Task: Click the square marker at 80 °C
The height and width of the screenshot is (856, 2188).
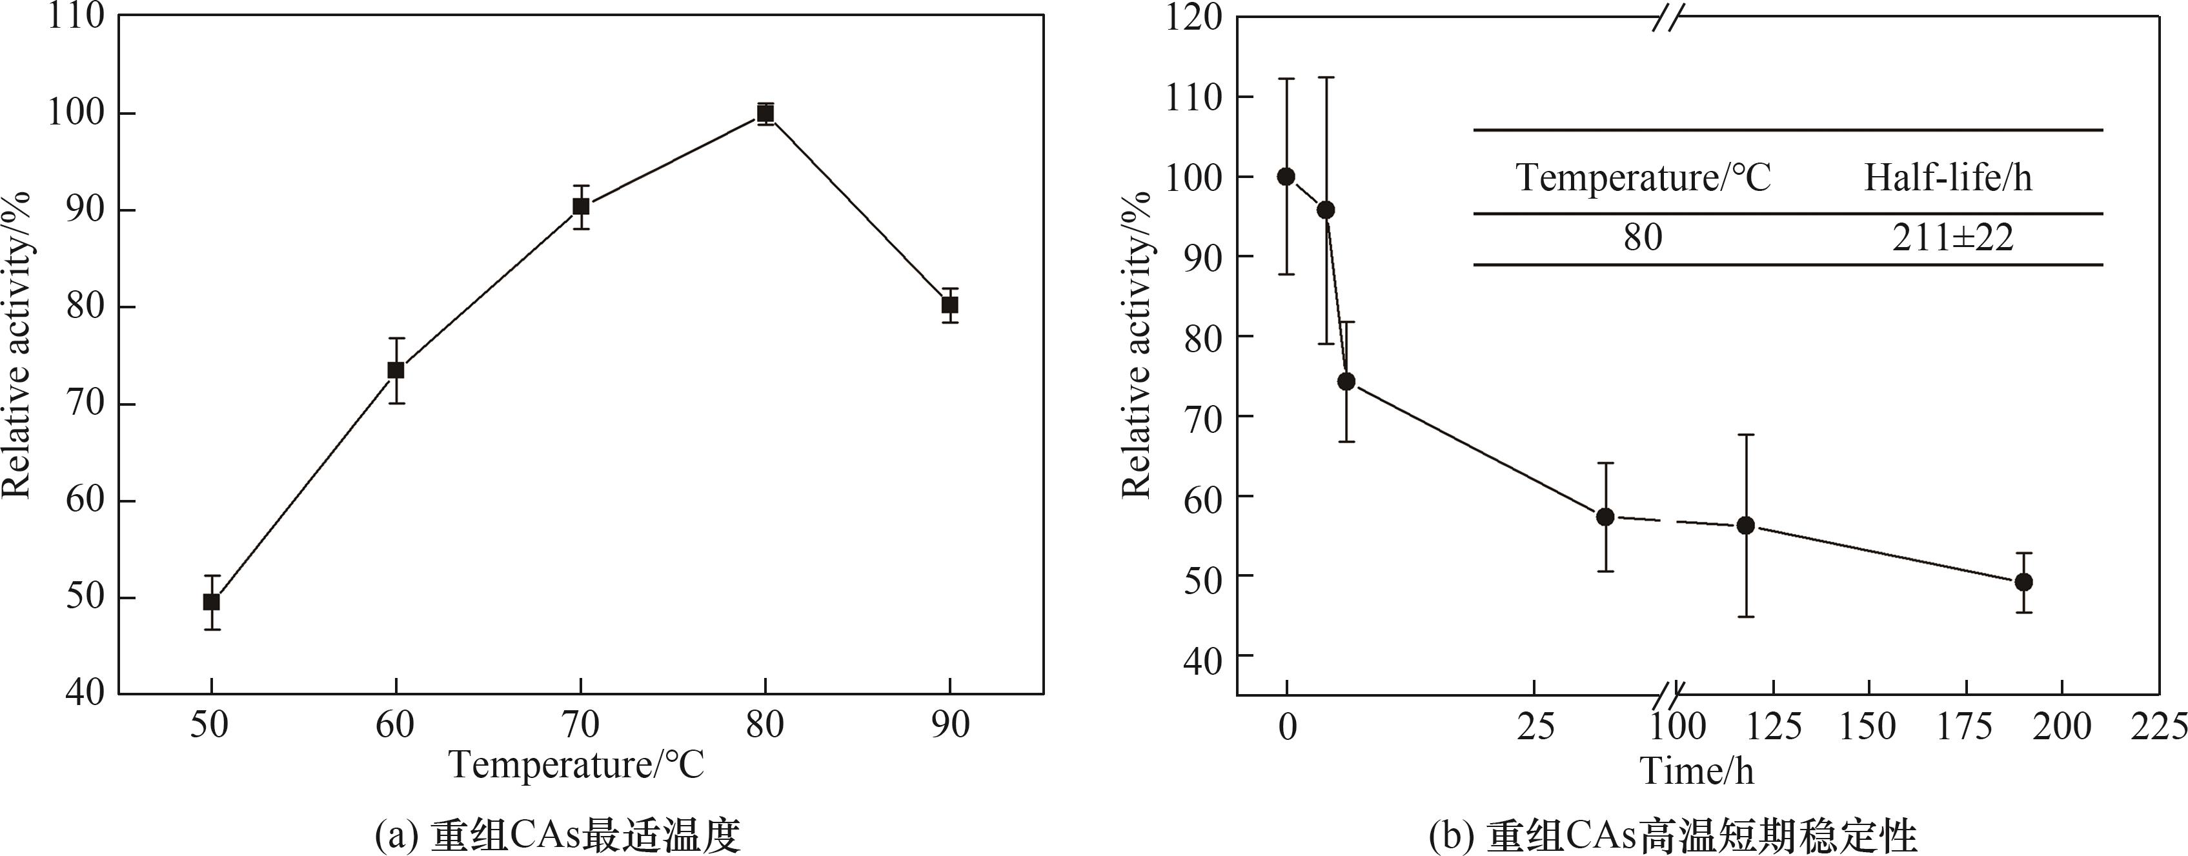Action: pyautogui.click(x=765, y=114)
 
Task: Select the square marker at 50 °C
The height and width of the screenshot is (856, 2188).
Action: pyautogui.click(x=212, y=602)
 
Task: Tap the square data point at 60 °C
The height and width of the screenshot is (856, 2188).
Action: pyautogui.click(x=396, y=370)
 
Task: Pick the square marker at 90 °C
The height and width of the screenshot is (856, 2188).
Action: pyautogui.click(x=949, y=305)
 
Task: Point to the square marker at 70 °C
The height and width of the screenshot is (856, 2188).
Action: pyautogui.click(x=581, y=206)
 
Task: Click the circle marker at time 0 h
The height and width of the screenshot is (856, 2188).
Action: pyautogui.click(x=1287, y=177)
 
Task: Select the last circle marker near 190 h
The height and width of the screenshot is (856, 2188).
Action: pyautogui.click(x=2024, y=582)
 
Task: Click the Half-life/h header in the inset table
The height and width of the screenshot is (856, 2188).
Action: pyautogui.click(x=1949, y=178)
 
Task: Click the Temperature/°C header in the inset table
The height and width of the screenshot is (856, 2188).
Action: pyautogui.click(x=1643, y=178)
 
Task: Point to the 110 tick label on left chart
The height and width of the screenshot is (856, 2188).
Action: pyautogui.click(x=76, y=17)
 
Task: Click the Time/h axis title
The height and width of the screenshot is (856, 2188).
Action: pyautogui.click(x=1696, y=771)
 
